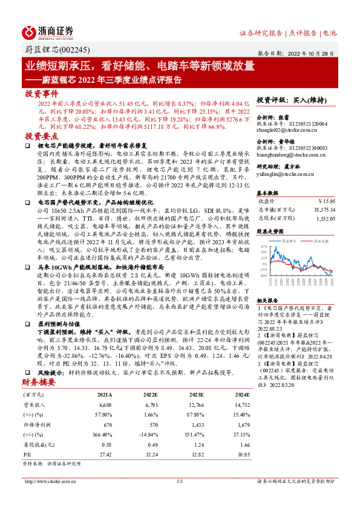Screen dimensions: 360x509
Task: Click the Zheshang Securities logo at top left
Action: click(48, 32)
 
